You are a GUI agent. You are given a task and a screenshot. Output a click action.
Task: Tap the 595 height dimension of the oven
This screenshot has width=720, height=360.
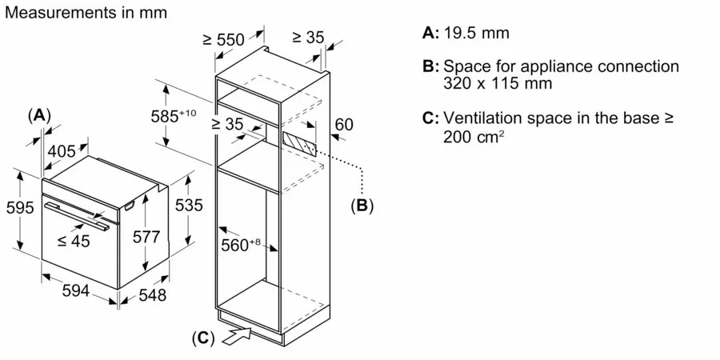(x=20, y=208)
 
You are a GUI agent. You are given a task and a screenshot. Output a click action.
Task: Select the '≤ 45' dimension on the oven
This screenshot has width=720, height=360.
(x=74, y=241)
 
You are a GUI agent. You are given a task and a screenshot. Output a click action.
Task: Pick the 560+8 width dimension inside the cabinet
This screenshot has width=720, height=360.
(x=241, y=246)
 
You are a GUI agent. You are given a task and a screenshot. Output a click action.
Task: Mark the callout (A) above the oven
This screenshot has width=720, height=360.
(x=39, y=114)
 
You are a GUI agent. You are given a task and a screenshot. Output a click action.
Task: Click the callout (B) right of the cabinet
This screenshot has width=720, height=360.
(x=362, y=205)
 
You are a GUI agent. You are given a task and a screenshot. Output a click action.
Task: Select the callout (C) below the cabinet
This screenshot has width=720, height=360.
(x=203, y=338)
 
